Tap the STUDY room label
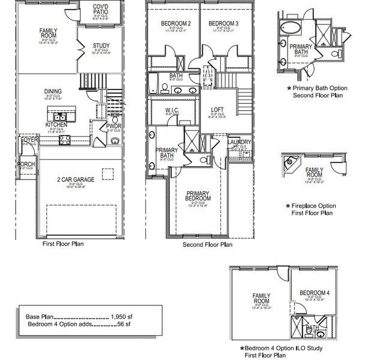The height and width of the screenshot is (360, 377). tap(101, 46)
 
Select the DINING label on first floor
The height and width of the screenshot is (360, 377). tap(53, 92)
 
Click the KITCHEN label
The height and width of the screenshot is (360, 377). tap(56, 124)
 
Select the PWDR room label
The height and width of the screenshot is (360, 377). tap(113, 126)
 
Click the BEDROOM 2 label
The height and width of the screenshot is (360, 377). tap(175, 23)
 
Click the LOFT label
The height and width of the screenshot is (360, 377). tap(217, 110)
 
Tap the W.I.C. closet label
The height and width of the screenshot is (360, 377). tap(172, 110)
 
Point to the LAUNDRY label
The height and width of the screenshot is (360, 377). tap(240, 142)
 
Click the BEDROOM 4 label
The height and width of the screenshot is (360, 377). tap(315, 293)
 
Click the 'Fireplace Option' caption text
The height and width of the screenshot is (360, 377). tap(312, 206)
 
